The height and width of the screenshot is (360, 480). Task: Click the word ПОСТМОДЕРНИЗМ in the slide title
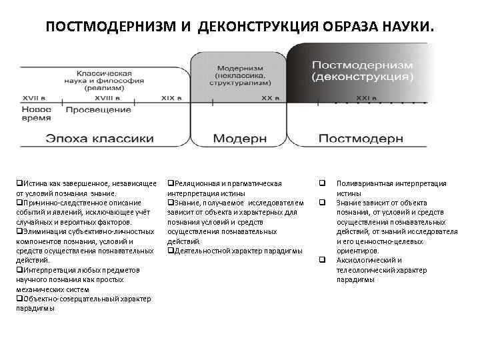pos(109,27)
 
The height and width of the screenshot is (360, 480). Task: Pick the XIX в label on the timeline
pos(172,97)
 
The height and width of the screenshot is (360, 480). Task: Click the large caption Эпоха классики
pos(100,139)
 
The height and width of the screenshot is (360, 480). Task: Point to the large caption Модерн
pos(240,139)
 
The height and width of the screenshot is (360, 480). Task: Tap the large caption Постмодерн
pos(361,139)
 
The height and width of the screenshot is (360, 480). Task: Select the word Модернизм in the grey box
pos(239,69)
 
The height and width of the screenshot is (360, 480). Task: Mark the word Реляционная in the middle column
pos(197,183)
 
